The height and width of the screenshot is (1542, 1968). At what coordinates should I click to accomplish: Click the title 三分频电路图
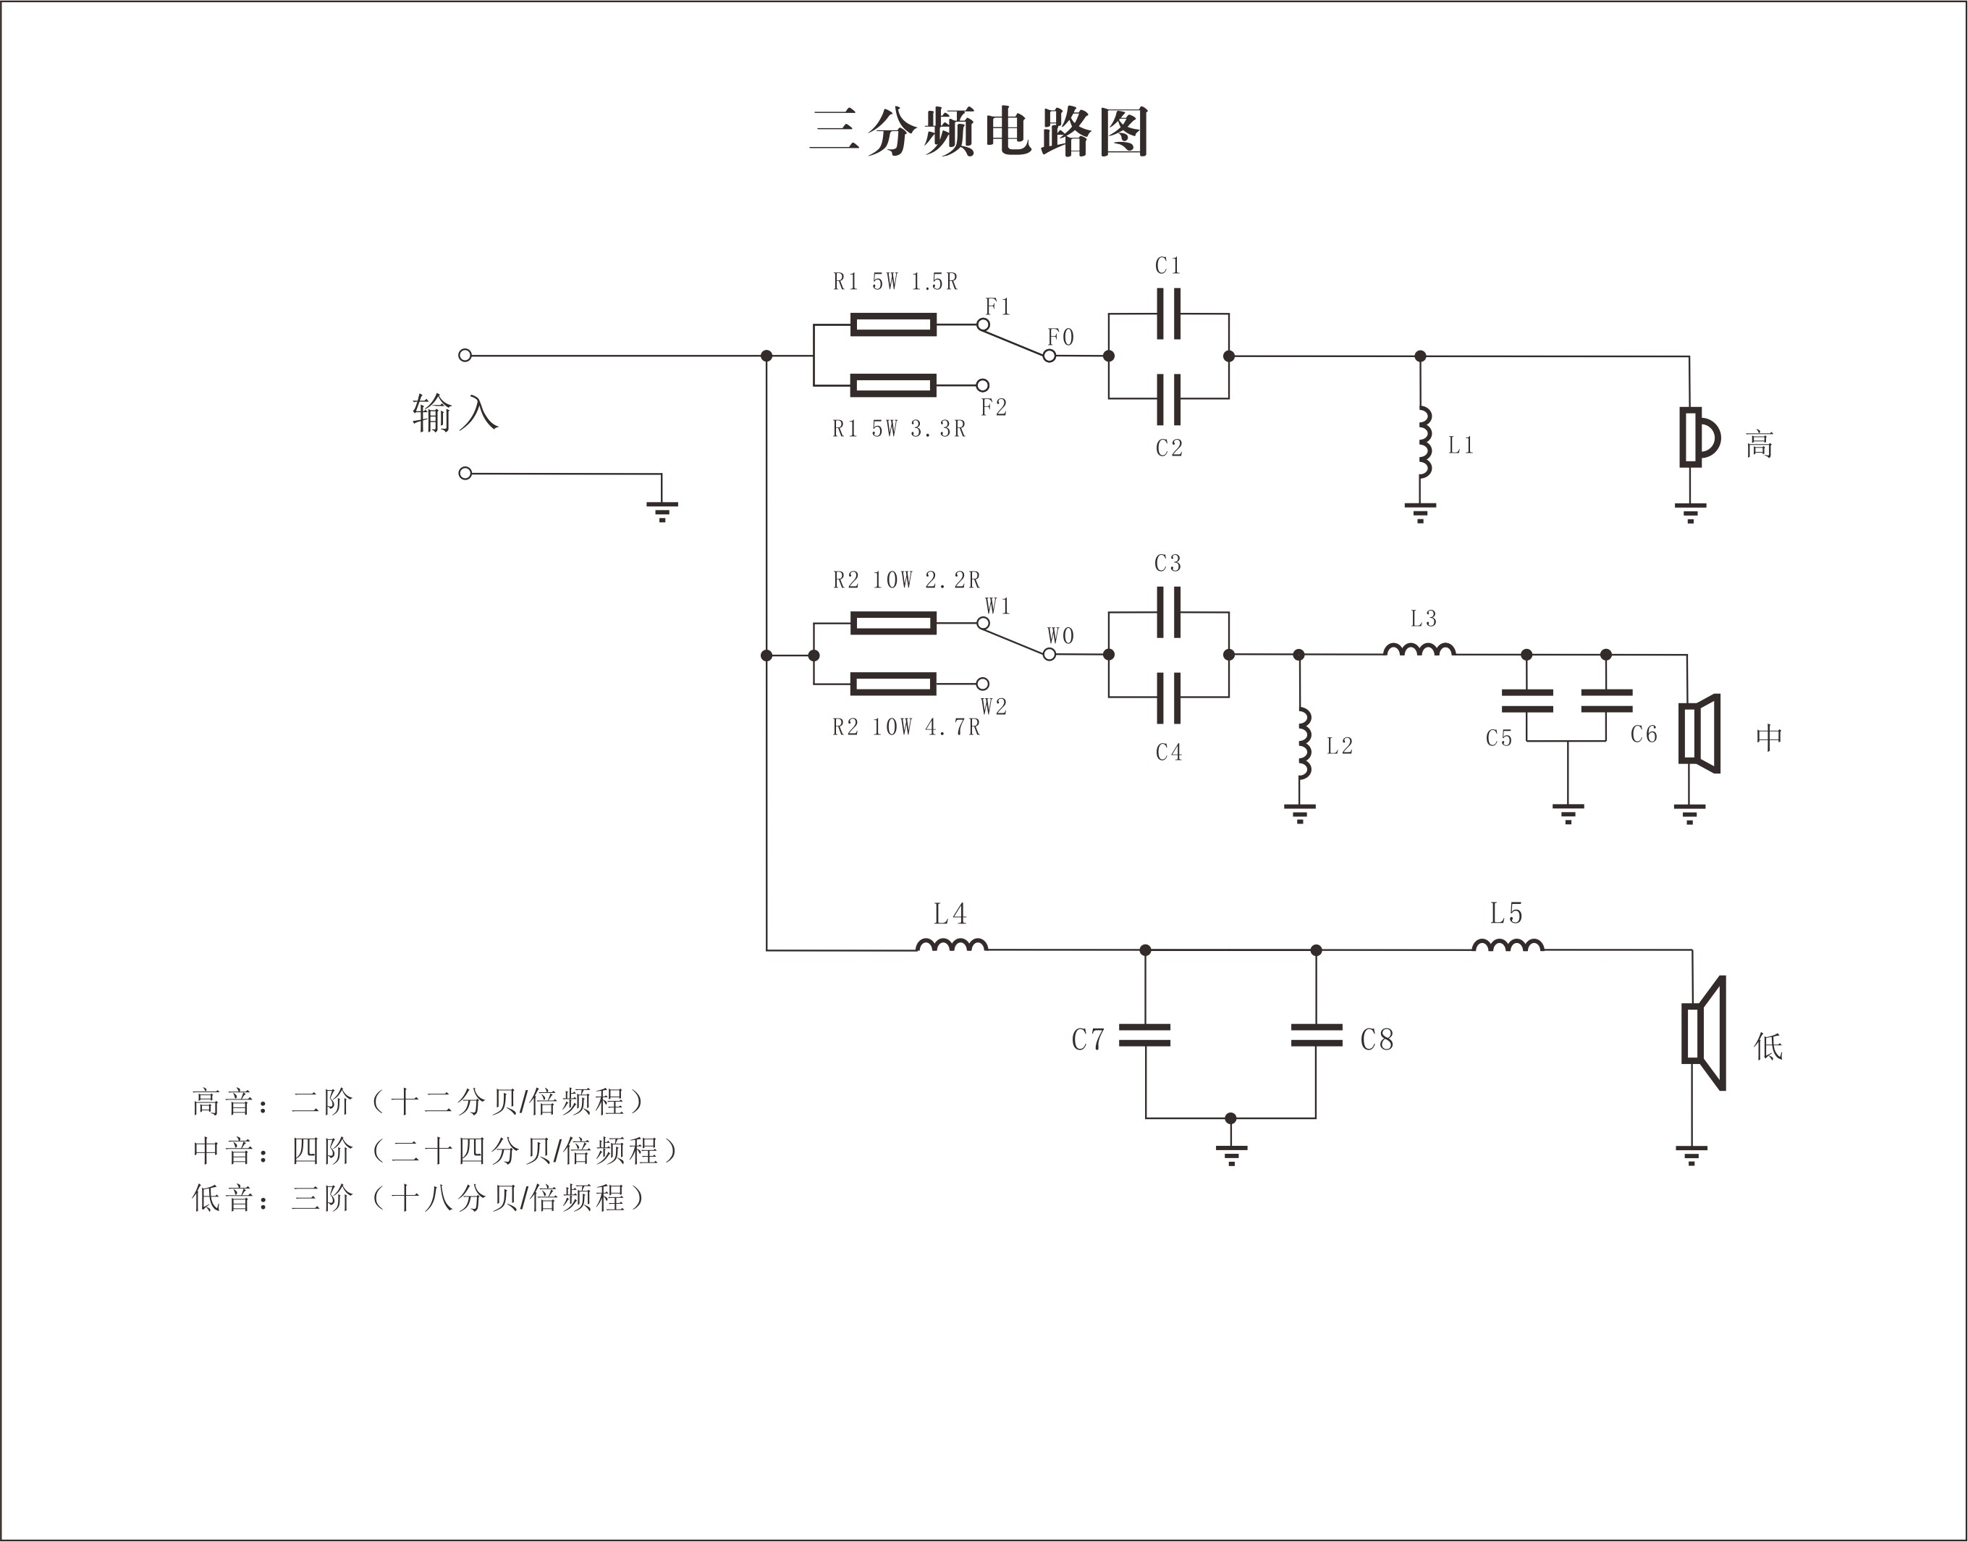(x=979, y=133)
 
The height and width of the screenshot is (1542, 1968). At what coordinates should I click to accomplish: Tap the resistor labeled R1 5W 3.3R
(x=892, y=386)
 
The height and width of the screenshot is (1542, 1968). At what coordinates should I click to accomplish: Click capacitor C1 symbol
(x=1168, y=314)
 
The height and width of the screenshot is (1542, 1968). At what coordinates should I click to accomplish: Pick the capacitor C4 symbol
(x=1168, y=697)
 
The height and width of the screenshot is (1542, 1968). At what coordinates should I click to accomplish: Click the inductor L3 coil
(x=1419, y=649)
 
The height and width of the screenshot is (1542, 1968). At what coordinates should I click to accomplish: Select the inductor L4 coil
(x=952, y=945)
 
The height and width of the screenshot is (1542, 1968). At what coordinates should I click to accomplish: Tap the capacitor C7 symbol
(x=1145, y=1036)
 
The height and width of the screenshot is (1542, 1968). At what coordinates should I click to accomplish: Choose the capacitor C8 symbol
(x=1316, y=1036)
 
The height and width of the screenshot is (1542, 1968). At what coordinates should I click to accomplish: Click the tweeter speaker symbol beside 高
(x=1697, y=438)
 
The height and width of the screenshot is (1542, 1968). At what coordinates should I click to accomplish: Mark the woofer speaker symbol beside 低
(x=1704, y=1033)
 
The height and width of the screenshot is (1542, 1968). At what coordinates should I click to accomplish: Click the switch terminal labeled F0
(x=1049, y=356)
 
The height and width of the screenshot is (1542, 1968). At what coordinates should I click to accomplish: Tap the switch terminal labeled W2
(x=983, y=684)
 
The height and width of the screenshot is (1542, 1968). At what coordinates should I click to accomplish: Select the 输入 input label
(x=455, y=414)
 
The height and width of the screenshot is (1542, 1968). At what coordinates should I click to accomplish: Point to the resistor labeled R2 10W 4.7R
(x=892, y=684)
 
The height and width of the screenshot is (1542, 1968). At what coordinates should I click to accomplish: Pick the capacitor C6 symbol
(x=1606, y=700)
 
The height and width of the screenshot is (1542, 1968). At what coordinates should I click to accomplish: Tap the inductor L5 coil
(x=1508, y=945)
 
